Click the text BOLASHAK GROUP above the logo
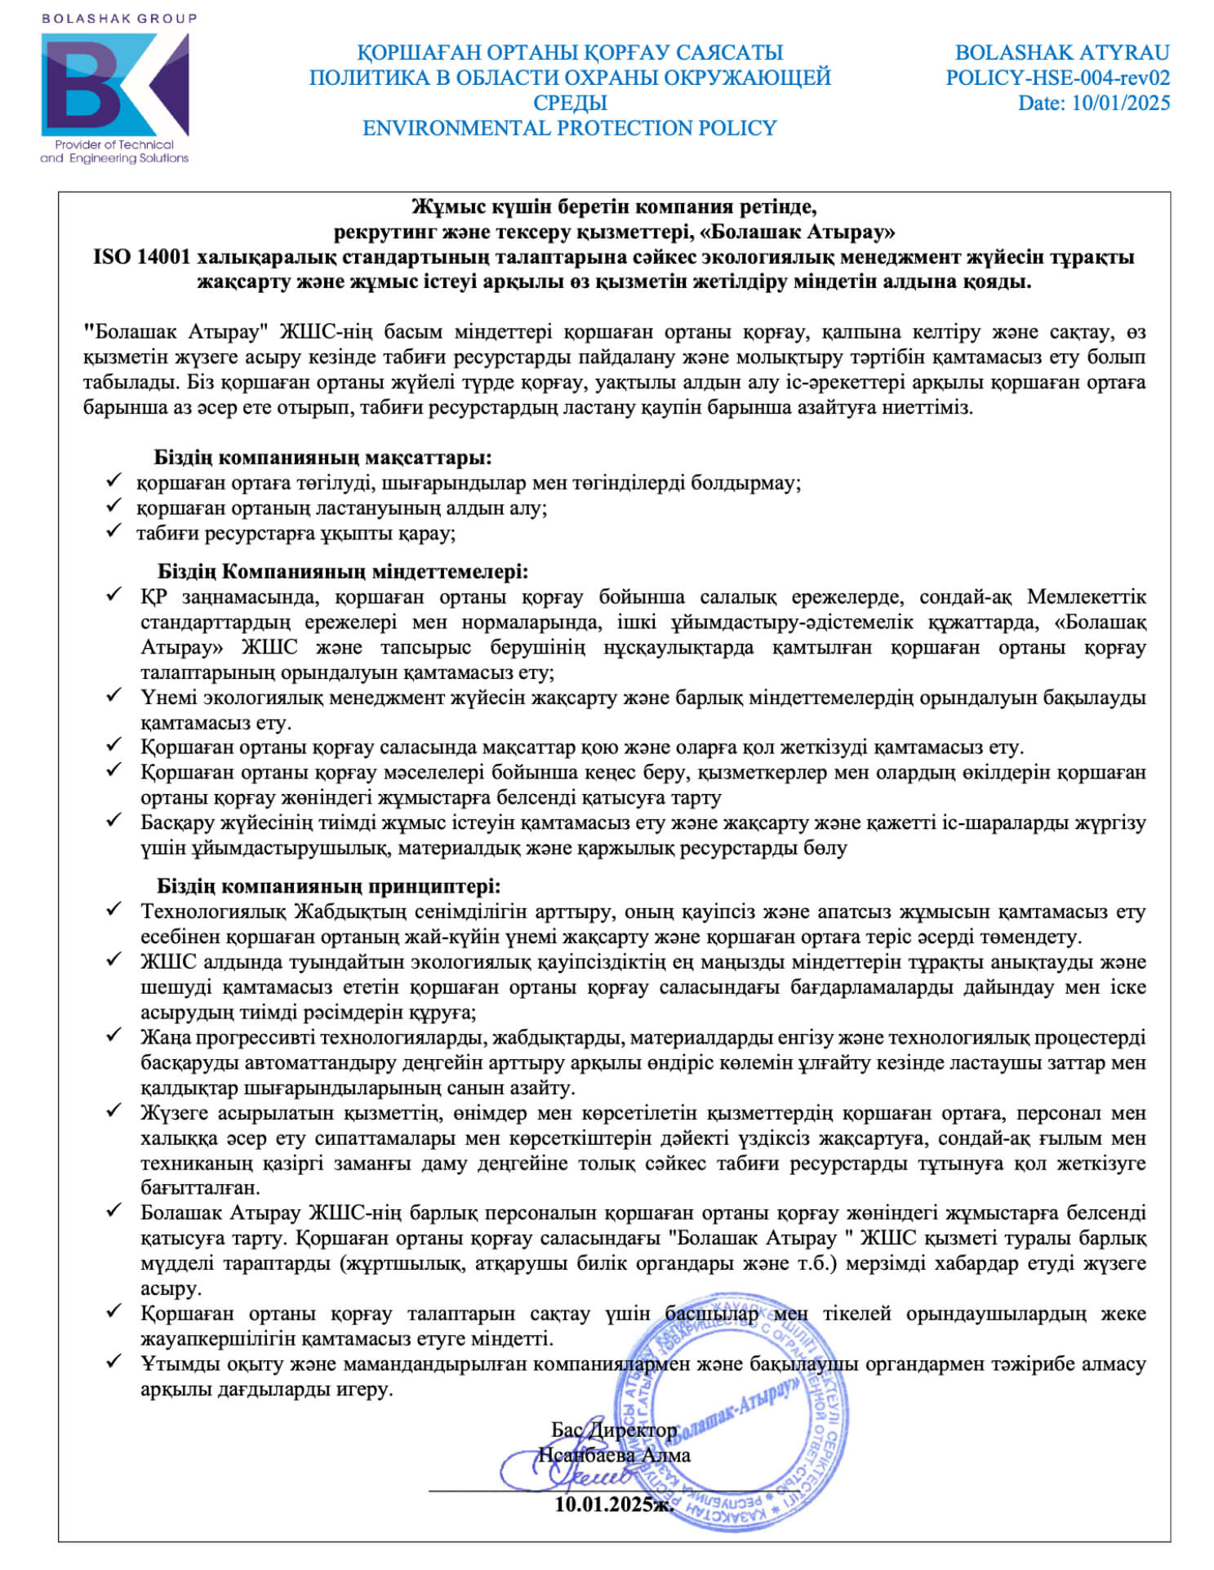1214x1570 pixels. [x=118, y=18]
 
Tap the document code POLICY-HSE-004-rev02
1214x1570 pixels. [x=1057, y=78]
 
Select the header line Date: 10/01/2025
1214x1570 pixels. [x=1093, y=104]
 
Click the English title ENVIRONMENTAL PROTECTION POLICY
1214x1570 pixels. [x=569, y=128]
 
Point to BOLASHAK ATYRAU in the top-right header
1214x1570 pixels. [x=1061, y=53]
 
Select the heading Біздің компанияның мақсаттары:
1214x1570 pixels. [x=322, y=457]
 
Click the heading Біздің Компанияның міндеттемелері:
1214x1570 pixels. [x=343, y=571]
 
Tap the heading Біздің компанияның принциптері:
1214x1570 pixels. [x=328, y=886]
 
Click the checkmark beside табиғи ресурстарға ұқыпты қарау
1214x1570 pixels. [x=113, y=531]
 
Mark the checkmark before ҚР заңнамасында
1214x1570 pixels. [x=113, y=595]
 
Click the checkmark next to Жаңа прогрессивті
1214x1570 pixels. [x=113, y=1036]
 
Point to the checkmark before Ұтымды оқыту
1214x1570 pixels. [x=113, y=1362]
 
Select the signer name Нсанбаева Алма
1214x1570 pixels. [x=614, y=1455]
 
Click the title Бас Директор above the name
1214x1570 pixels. [x=614, y=1430]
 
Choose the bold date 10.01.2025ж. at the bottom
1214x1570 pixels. [x=614, y=1504]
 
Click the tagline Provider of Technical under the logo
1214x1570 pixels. [x=114, y=144]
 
